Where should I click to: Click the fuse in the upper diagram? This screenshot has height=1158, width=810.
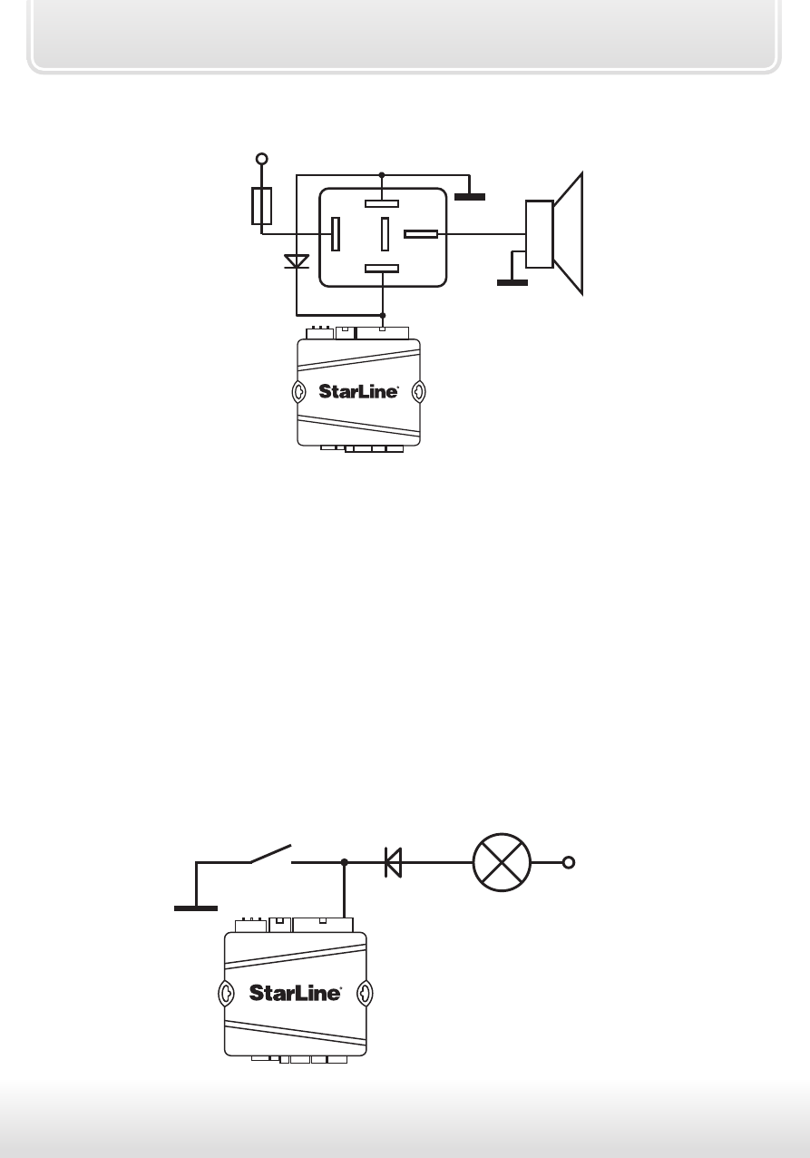[261, 206]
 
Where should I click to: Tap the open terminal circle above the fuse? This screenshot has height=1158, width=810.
[262, 159]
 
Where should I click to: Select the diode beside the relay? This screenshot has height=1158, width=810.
[297, 261]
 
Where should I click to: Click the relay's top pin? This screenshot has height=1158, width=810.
[382, 203]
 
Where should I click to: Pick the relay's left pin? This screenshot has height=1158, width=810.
[336, 234]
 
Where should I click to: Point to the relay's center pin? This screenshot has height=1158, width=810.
[385, 234]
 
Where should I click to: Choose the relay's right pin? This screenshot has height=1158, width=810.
[421, 234]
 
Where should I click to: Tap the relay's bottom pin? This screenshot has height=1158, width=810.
[382, 269]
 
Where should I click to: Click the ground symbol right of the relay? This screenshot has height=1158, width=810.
[470, 196]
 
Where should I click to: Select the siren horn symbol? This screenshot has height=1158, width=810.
[554, 233]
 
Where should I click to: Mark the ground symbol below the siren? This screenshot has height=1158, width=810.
[512, 282]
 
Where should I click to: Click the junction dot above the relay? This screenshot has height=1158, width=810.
[382, 175]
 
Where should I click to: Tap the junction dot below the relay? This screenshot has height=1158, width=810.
[382, 315]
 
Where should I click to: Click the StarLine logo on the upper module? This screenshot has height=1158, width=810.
[358, 391]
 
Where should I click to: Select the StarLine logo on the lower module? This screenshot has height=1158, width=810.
[295, 993]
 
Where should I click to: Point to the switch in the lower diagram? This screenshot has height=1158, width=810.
[270, 854]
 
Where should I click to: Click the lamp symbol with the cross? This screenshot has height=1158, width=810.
[502, 862]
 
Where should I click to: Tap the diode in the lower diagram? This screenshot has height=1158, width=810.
[393, 862]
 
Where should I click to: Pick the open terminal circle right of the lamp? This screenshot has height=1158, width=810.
[568, 862]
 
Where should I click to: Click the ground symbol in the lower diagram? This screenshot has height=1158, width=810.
[196, 908]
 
